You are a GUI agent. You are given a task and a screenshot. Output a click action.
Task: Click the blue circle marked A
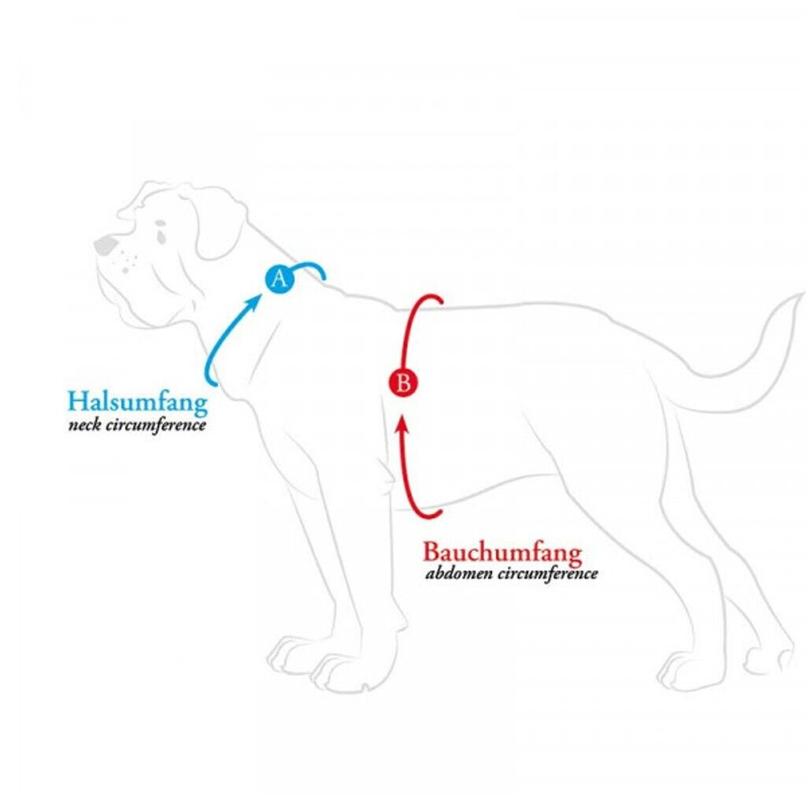(279, 279)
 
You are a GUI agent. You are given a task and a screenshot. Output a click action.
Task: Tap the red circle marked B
(403, 383)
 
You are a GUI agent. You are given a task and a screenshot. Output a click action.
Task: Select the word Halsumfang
(138, 402)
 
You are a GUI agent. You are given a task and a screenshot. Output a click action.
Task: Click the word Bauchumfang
(503, 552)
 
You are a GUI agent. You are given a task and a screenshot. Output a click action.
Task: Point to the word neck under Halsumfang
(85, 425)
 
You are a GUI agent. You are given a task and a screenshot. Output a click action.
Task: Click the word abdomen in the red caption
(456, 573)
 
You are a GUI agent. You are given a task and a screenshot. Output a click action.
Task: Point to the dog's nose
(104, 245)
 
